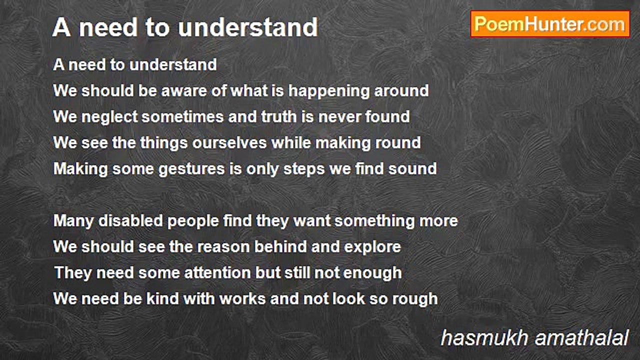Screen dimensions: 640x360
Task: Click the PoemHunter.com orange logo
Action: (550, 24)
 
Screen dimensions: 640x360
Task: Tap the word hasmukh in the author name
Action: (484, 338)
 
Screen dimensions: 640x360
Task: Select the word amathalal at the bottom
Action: (581, 338)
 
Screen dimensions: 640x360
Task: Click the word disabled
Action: (130, 221)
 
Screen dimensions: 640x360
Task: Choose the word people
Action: (193, 221)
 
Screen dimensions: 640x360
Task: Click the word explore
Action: (372, 247)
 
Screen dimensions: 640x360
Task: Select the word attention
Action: (217, 273)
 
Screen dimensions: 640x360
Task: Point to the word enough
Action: (372, 273)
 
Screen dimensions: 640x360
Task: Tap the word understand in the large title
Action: (248, 27)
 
